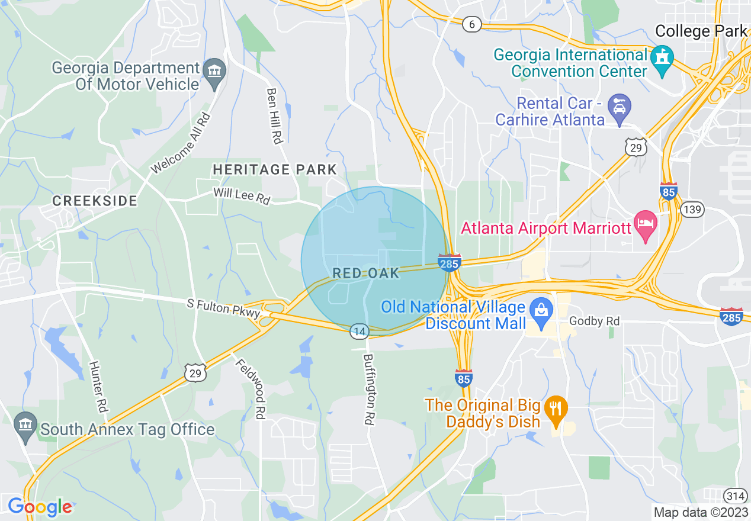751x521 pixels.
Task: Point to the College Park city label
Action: click(x=701, y=31)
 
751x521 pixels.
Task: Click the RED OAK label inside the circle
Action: click(x=366, y=273)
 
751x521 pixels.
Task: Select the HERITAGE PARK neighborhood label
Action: click(x=275, y=170)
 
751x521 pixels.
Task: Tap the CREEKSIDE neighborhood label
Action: click(x=95, y=201)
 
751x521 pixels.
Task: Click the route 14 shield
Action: click(x=359, y=331)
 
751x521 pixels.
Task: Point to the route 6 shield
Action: click(x=472, y=24)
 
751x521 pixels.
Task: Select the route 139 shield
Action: click(x=691, y=209)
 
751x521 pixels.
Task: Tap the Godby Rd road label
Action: click(x=594, y=321)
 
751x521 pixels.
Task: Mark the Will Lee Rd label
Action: click(x=242, y=196)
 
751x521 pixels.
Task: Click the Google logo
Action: click(x=39, y=507)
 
